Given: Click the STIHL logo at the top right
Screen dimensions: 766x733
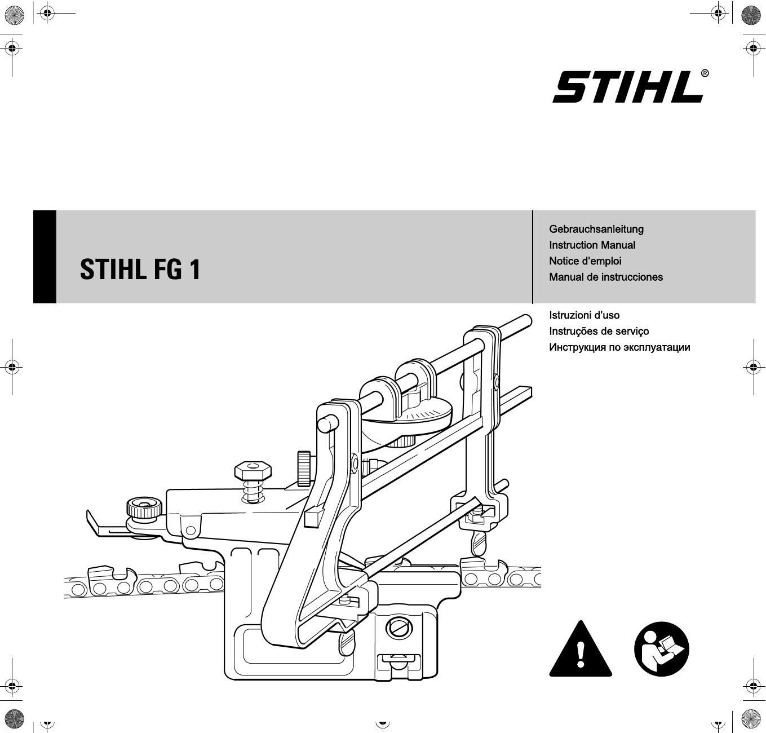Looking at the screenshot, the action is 627,87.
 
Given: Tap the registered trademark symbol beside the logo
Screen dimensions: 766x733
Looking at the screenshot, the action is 705,73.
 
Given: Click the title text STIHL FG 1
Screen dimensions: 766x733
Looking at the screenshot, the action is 140,270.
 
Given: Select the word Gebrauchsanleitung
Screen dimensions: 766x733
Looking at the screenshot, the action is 596,229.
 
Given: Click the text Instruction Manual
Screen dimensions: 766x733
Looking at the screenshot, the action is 592,245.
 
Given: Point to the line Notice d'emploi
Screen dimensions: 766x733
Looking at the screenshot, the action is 585,261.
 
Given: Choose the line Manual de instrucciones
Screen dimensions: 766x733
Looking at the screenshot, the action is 606,277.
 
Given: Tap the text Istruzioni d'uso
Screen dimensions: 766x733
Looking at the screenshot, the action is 584,315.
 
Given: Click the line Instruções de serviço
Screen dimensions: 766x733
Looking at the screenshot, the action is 599,332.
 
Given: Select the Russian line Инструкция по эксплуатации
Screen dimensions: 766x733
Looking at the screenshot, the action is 619,347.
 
